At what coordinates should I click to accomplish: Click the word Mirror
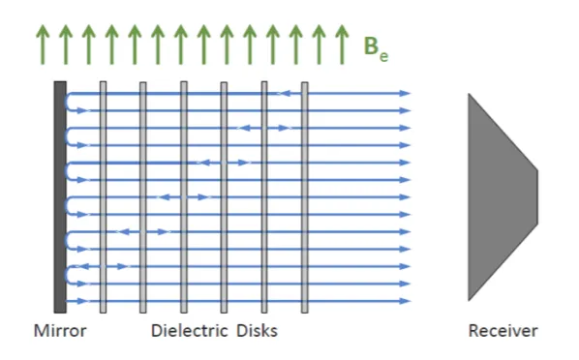point(60,330)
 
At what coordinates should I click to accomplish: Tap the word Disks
point(257,330)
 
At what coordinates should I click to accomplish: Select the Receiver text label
point(503,331)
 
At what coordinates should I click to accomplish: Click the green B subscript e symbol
point(376,49)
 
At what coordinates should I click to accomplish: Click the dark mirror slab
point(60,197)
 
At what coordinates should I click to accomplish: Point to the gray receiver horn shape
point(503,197)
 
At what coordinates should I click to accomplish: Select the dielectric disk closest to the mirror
point(103,197)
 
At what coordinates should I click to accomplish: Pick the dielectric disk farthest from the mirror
point(305,197)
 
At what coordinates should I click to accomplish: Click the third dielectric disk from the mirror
point(184,197)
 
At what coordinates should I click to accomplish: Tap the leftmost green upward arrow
point(43,45)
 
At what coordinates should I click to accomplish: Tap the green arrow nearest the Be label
point(343,45)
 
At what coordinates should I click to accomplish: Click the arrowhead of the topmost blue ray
point(406,94)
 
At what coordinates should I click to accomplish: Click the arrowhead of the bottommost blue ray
point(406,301)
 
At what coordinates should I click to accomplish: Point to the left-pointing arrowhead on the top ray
point(284,94)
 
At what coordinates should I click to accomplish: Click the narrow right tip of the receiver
point(537,197)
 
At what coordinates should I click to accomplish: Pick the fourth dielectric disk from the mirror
point(224,197)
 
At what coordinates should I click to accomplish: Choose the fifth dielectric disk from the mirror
point(264,197)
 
